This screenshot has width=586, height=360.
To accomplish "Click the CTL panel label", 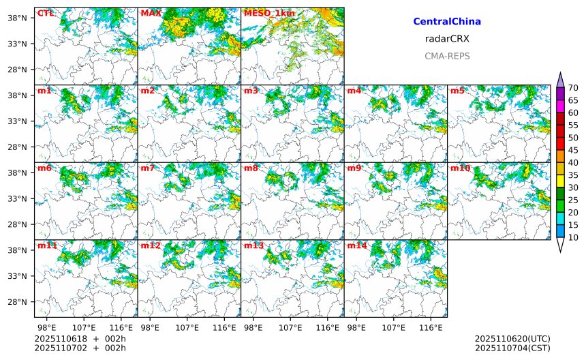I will pos(45,13).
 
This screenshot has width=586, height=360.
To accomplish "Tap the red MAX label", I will pos(149,13).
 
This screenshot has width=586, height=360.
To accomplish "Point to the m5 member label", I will pos(457,91).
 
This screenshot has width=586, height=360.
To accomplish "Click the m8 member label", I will pos(251,168).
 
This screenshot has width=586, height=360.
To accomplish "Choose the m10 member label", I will pos(460,168).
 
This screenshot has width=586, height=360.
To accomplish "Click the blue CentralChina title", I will pos(447,22).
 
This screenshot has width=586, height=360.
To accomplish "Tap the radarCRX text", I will pos(447,39).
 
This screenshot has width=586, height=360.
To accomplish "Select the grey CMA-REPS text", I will pos(447,56).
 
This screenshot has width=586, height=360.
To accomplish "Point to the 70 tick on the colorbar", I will pos(573,88).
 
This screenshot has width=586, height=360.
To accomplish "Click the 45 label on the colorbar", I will pos(573,150).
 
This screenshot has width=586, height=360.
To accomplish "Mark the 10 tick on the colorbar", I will pos(573,237).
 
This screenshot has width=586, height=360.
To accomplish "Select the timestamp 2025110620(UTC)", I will pos(512,339).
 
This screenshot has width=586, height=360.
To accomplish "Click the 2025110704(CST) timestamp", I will pos(512,348).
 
